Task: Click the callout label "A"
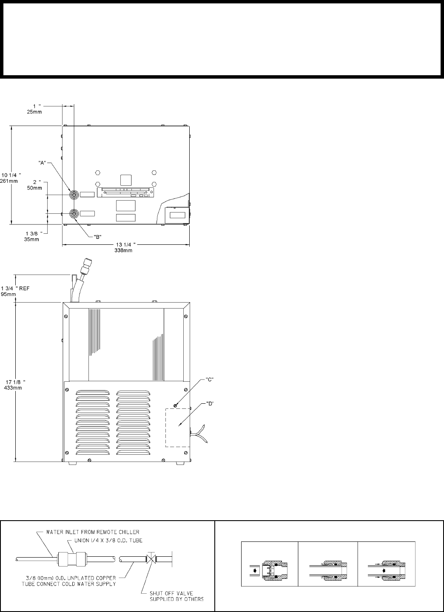(42, 163)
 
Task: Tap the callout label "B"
(98, 237)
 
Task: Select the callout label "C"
(209, 380)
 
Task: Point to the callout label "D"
(209, 404)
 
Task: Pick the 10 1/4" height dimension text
(11, 175)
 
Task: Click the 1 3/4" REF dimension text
(15, 288)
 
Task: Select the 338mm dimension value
(123, 250)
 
